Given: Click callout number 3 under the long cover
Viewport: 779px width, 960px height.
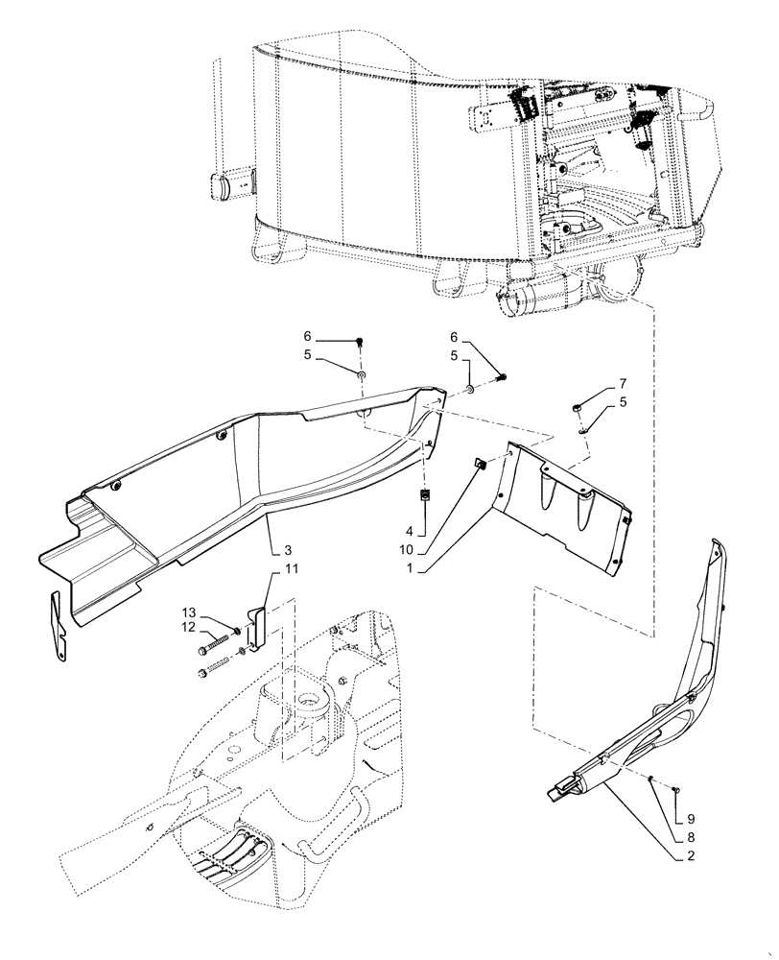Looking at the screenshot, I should [x=287, y=551].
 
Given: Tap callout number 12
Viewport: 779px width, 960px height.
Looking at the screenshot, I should [x=189, y=628].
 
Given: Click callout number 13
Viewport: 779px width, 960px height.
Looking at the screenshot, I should [x=189, y=612].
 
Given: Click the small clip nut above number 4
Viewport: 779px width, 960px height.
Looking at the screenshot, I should [x=423, y=496].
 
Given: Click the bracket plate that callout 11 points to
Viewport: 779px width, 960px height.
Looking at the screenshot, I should [x=254, y=626].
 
